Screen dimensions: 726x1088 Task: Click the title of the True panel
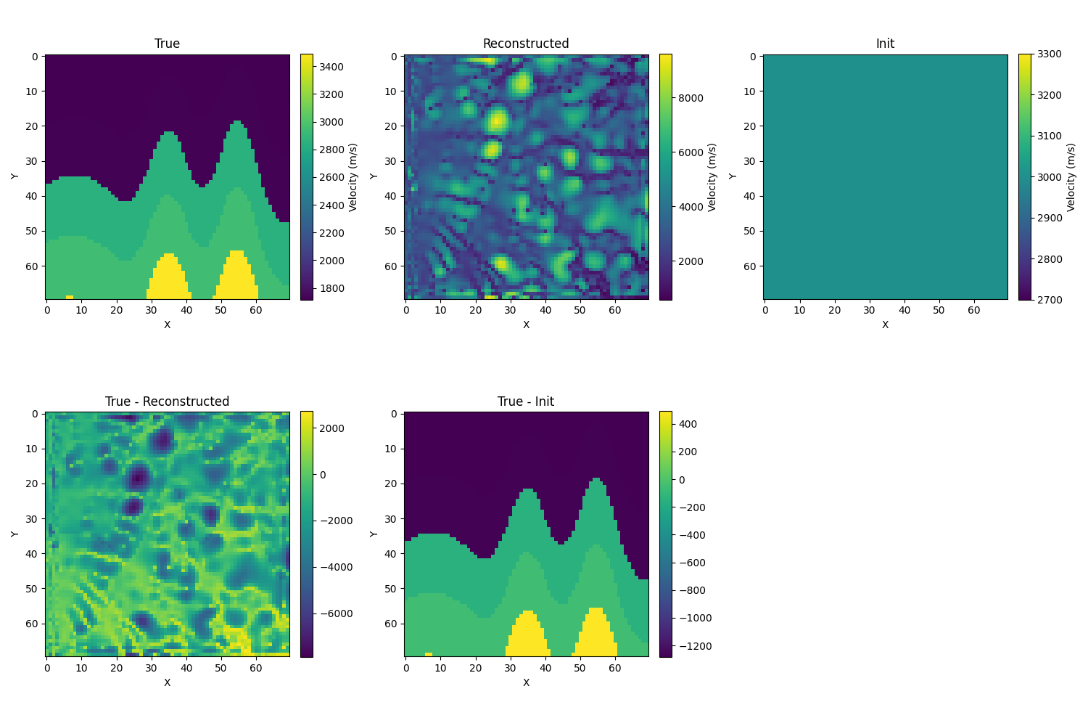167,44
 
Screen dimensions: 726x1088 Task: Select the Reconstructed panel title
526,44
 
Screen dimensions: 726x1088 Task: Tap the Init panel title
885,44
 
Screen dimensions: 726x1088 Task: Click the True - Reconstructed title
167,401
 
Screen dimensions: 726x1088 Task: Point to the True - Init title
526,401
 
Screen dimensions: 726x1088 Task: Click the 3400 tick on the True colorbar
331,67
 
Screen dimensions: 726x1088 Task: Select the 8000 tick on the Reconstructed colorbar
690,98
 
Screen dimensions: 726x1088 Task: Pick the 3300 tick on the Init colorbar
1049,54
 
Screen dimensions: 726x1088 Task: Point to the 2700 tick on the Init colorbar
1049,300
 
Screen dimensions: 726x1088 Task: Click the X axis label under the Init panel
885,325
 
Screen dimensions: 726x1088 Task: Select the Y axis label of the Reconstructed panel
374,176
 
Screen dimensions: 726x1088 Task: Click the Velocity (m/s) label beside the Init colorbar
1071,176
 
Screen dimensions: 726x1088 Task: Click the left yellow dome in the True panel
170,280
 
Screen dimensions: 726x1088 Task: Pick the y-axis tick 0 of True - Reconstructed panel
36,414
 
